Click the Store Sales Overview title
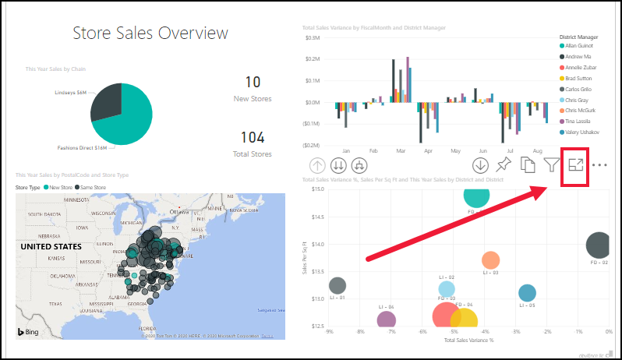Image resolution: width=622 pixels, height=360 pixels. (150, 33)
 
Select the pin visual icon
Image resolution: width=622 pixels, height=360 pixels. (504, 165)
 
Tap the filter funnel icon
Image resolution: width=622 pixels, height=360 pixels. (551, 165)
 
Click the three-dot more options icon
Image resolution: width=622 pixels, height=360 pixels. (599, 165)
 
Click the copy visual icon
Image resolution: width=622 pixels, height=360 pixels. (528, 165)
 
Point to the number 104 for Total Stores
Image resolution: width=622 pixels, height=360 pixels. (253, 138)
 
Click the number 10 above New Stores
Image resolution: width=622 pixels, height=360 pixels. (253, 82)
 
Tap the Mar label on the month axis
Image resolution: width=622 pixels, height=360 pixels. (401, 150)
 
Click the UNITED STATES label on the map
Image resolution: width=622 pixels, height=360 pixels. (51, 246)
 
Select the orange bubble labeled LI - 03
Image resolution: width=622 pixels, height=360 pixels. (490, 260)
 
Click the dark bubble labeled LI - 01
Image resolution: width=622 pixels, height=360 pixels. (337, 286)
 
